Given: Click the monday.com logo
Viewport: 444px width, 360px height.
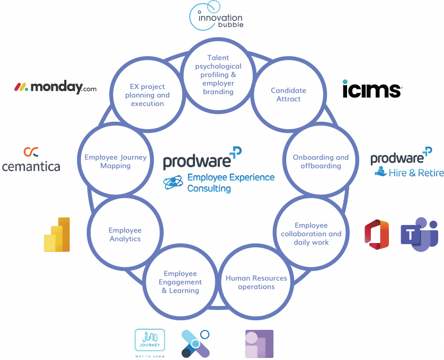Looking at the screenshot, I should tap(55, 87).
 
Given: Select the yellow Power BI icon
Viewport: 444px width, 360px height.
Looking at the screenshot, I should tap(57, 234).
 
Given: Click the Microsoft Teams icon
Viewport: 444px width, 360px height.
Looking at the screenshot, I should tap(419, 234).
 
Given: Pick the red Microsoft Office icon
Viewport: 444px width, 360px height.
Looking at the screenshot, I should tap(377, 235).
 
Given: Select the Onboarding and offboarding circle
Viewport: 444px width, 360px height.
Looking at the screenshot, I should tap(321, 161).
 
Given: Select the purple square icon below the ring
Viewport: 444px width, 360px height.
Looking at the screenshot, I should tap(259, 344).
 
